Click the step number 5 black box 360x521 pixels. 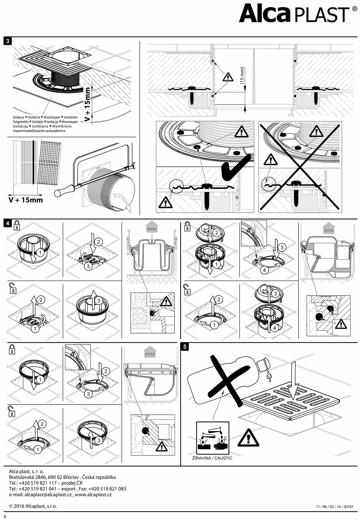pos(185,347)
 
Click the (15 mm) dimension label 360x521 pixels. pos(242,76)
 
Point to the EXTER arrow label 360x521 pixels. pos(150,354)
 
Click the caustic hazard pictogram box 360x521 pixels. pos(213,437)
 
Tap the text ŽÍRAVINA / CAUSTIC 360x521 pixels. pos(212,458)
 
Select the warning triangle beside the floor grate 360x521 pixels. pos(248,438)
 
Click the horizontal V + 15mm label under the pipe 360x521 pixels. pos(26,200)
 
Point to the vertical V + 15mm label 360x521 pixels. pos(88,104)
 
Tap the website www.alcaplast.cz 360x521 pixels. pos(93,494)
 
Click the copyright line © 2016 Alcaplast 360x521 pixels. pos(33,506)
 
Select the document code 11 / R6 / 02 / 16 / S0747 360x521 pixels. pos(334,507)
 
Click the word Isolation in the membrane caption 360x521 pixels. pos(71,117)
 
